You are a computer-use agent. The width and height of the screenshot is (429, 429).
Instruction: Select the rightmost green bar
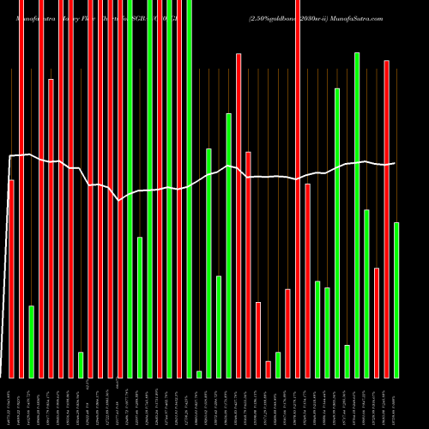click(396, 300)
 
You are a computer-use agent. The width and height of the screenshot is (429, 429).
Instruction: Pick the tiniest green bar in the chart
click(199, 374)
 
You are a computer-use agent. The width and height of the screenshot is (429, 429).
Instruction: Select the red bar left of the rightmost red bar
click(377, 323)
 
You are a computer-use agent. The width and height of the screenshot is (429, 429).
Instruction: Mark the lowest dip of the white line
click(119, 200)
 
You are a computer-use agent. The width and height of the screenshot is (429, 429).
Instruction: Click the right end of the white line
click(396, 163)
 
